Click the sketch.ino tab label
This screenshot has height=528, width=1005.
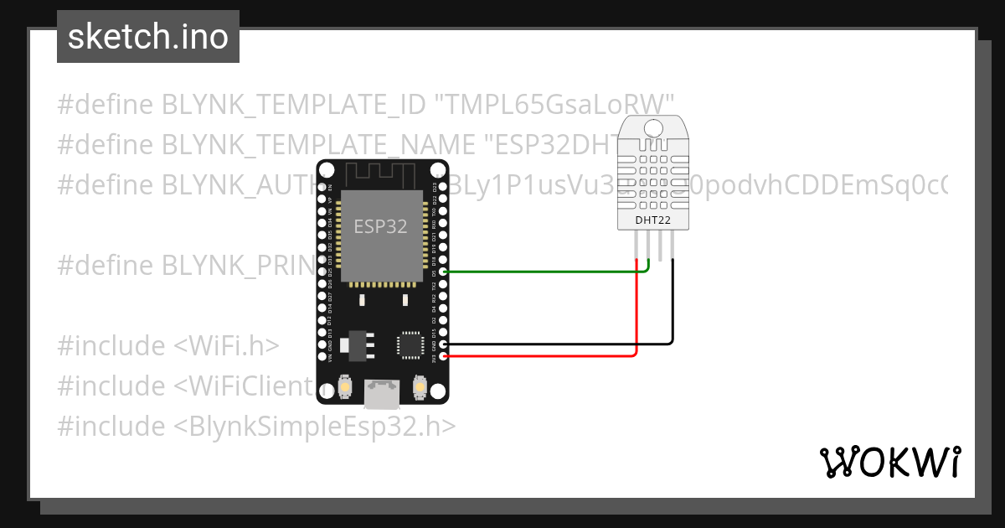[x=147, y=37]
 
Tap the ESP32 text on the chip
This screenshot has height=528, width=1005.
[x=380, y=227]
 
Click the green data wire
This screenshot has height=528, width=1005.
[x=544, y=272]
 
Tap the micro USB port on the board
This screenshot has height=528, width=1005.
[x=382, y=390]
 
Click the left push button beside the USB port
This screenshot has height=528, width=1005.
[x=345, y=388]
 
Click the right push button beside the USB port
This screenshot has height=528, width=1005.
[x=419, y=388]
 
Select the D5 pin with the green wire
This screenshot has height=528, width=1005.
[x=443, y=272]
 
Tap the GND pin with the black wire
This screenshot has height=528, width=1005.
[x=443, y=344]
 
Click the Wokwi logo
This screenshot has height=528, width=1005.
[x=889, y=462]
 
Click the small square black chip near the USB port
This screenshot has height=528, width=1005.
[x=410, y=344]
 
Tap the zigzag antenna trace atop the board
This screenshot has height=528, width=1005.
[x=382, y=173]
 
